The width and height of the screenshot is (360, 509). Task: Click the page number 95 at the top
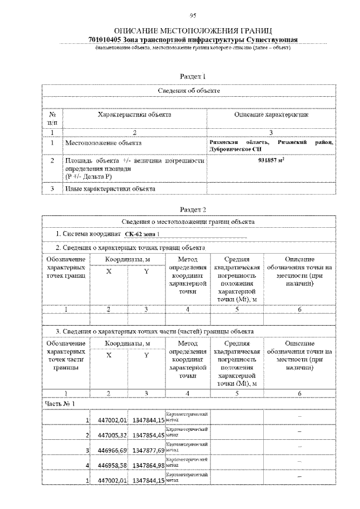point(192,15)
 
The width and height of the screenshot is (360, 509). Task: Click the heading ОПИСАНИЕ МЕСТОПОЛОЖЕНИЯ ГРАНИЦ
point(193,30)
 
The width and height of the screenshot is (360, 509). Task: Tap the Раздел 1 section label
point(192,76)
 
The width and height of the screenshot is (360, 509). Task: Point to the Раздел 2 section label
point(192,209)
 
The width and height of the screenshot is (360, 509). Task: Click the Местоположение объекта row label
point(102,143)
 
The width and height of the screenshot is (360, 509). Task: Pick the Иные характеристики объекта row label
point(110,189)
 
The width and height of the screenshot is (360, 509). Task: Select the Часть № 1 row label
point(60,403)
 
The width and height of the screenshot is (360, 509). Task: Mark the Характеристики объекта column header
point(134,115)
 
